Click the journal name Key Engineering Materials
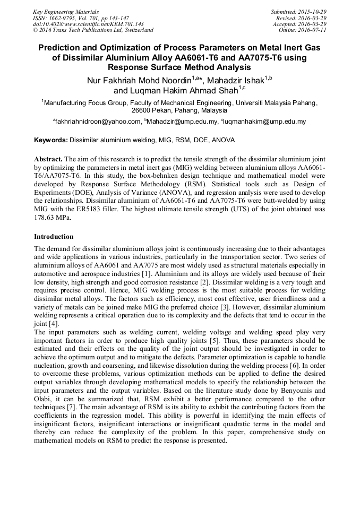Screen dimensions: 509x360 pos(66,11)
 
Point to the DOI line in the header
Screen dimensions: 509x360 pos(88,24)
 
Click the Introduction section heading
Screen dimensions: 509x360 pos(54,237)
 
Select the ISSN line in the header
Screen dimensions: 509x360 pos(80,18)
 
